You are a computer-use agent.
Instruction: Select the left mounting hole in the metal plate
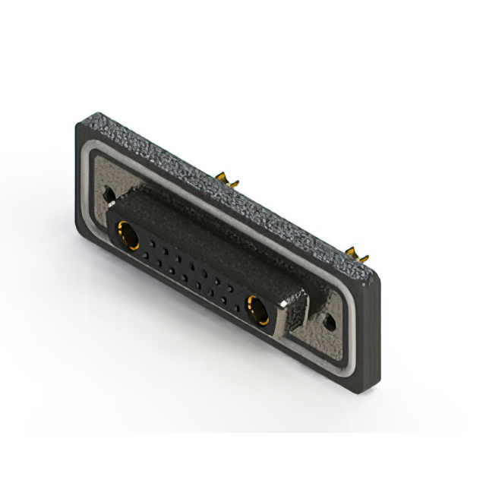tap(109, 194)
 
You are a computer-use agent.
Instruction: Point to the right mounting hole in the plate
tap(330, 322)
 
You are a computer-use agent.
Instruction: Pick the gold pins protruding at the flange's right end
tap(355, 252)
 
